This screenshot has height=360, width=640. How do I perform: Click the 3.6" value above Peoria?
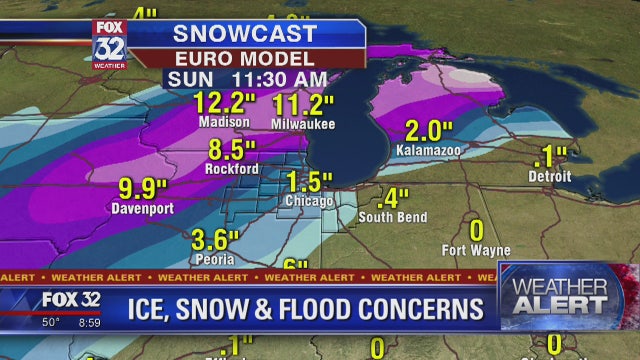[x=214, y=239]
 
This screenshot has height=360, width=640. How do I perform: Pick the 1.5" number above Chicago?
[x=308, y=182]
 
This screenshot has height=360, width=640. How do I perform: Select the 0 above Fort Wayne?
[x=476, y=229]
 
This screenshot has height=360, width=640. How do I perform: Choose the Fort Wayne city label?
[x=476, y=250]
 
